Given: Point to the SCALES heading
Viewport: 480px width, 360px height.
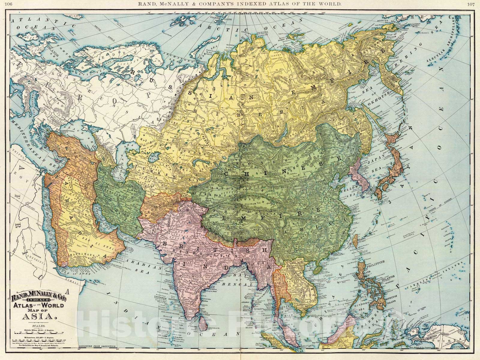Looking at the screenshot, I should [x=37, y=325].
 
